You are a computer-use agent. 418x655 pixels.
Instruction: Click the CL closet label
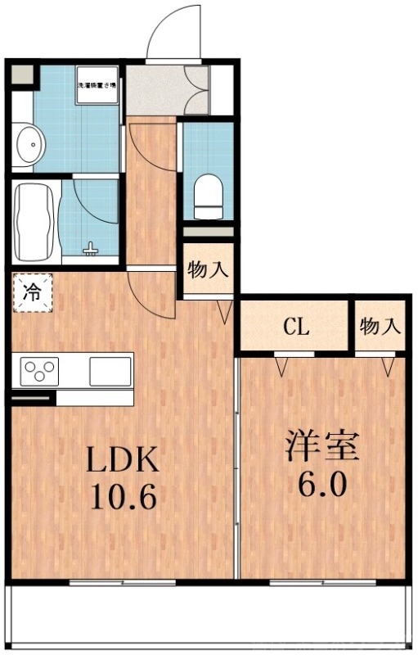tap(296, 327)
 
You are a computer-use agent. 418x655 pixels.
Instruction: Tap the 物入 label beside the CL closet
tap(380, 327)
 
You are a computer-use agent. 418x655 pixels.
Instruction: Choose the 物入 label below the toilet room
tap(208, 269)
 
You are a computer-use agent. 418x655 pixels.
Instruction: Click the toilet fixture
tap(208, 193)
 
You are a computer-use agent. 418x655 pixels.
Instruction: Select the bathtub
tap(36, 220)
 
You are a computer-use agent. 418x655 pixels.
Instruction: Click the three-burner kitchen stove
tap(39, 371)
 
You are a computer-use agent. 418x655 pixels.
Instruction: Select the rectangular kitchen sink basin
tap(109, 370)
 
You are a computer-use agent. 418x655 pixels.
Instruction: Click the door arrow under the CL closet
tap(282, 366)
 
